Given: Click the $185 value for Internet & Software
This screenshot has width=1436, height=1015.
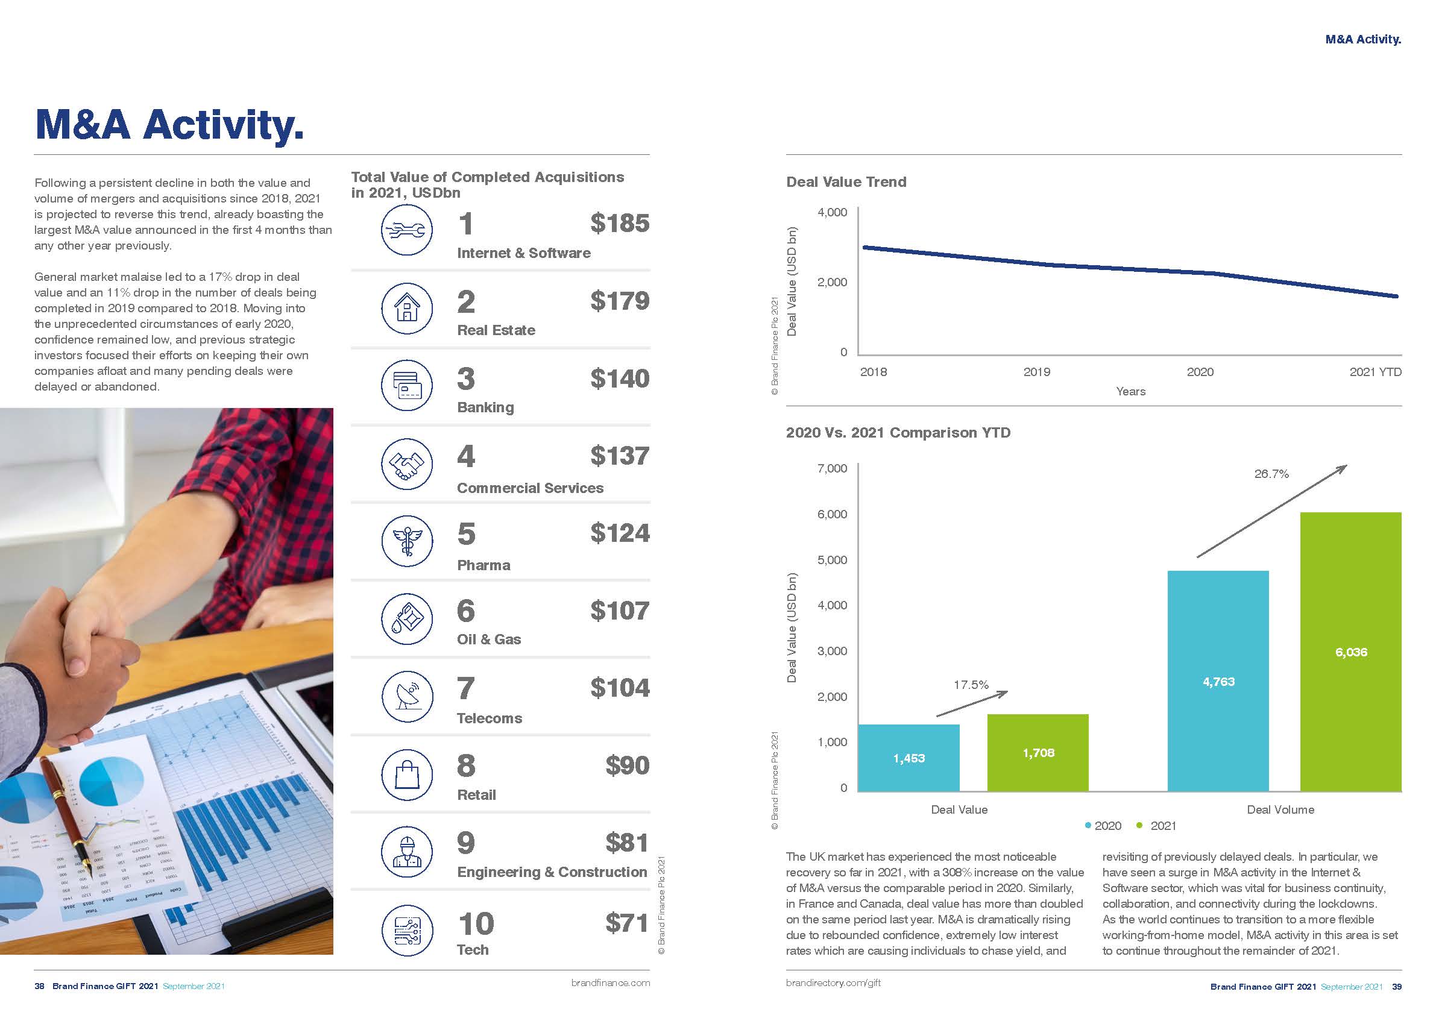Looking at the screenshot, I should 619,223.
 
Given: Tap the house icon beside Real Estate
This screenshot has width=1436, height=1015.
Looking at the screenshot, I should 406,307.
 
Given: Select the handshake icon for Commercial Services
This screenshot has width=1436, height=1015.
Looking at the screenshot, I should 406,464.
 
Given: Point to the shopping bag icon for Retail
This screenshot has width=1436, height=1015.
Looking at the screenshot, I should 406,775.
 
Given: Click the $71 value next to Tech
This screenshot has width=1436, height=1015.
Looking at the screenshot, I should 627,923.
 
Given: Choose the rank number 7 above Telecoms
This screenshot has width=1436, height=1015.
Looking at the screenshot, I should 466,688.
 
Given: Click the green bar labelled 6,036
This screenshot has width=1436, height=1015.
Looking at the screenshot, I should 1350,652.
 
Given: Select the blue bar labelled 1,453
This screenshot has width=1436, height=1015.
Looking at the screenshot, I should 908,758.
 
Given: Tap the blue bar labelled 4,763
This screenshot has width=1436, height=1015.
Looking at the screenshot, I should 1218,681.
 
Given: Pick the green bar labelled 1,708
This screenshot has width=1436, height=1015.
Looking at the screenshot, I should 1038,753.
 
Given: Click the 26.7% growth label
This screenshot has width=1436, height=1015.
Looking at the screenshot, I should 1271,474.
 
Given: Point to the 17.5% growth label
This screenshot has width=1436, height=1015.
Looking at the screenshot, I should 971,685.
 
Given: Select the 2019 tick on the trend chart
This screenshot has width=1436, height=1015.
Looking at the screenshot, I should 1036,372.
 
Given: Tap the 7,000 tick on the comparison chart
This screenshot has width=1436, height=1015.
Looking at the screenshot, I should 832,468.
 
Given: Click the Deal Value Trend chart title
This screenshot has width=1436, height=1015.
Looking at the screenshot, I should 846,182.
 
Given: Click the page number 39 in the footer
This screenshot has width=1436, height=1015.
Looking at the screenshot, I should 1397,986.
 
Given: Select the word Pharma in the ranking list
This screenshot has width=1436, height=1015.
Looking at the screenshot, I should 483,565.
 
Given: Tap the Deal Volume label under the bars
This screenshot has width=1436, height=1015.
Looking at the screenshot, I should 1280,810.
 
